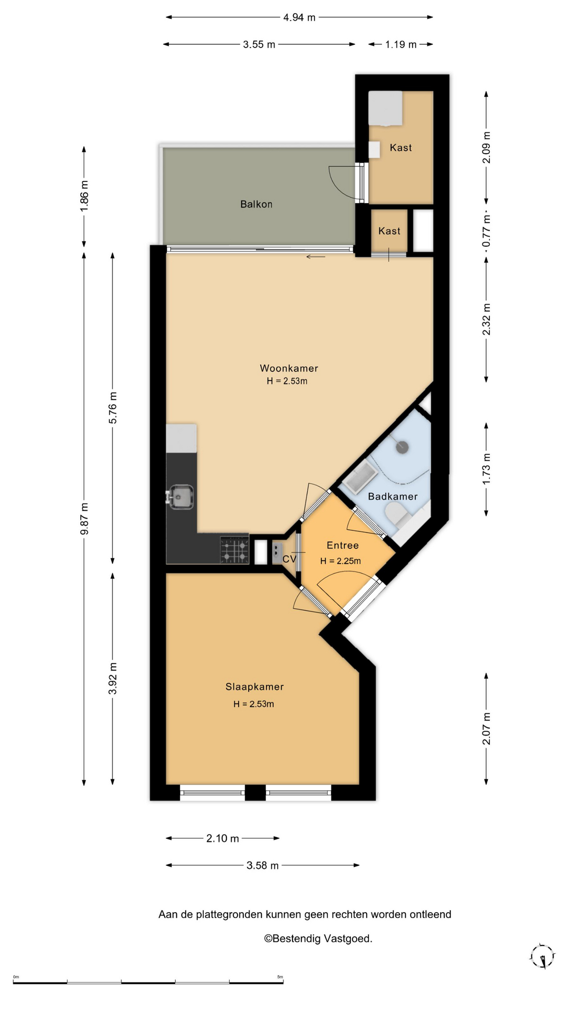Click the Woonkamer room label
click(289, 368)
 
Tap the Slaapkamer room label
click(254, 686)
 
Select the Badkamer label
click(393, 496)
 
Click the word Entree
click(343, 546)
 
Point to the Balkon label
click(256, 204)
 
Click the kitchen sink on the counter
click(180, 497)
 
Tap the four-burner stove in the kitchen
click(234, 549)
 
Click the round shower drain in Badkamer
click(402, 447)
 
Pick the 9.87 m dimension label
click(84, 519)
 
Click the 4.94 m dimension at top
click(299, 17)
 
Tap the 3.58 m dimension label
click(262, 865)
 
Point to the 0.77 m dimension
click(487, 231)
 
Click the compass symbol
click(542, 956)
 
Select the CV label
click(289, 559)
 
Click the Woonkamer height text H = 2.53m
click(287, 381)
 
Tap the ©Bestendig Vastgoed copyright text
click(318, 939)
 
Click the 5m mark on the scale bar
click(280, 977)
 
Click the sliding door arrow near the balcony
click(316, 257)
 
